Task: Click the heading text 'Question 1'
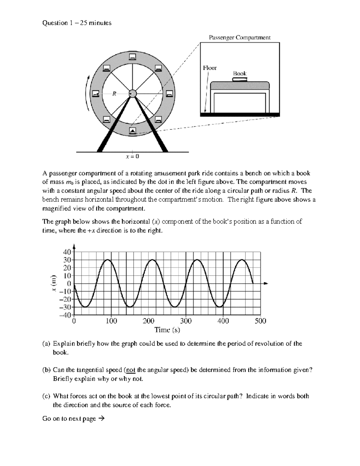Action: pos(55,23)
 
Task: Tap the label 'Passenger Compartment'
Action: pos(239,38)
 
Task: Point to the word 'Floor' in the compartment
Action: pos(210,68)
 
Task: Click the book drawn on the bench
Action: pos(240,80)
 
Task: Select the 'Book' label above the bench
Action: pos(240,74)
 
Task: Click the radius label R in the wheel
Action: pos(114,94)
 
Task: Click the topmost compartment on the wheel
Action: pos(132,57)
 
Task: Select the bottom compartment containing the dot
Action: pos(132,131)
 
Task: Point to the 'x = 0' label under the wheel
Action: pos(132,156)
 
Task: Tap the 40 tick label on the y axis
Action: pos(67,252)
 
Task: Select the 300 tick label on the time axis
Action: pos(186,321)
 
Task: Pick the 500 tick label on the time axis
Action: pos(260,321)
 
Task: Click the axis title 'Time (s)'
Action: pos(167,330)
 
